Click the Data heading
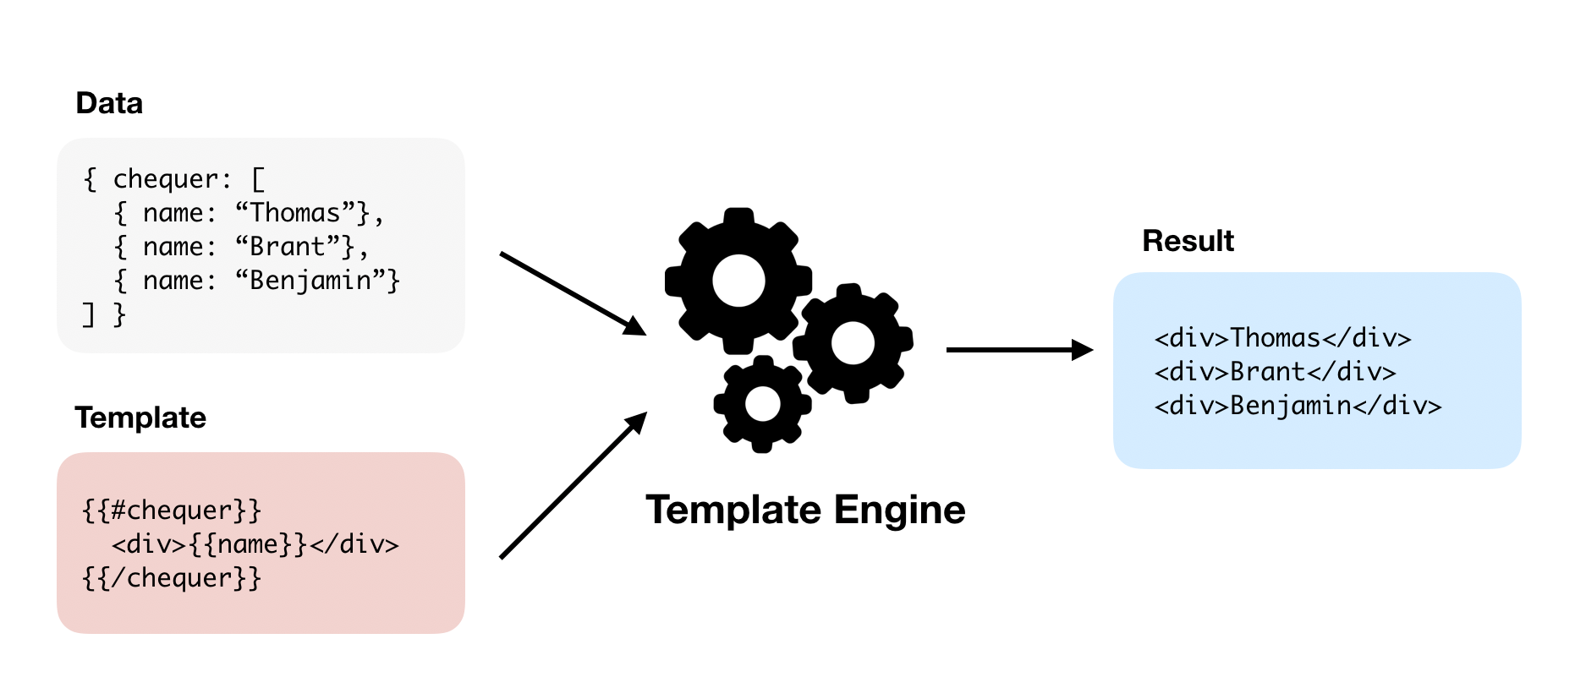(109, 103)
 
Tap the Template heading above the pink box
(140, 418)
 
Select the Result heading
(1188, 241)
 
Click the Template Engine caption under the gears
(804, 510)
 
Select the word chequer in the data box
(165, 179)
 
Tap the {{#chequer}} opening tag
(172, 511)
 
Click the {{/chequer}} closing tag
(172, 578)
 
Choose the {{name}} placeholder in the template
(248, 544)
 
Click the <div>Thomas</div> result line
(1282, 338)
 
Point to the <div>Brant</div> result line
(1275, 372)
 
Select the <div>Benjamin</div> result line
(1298, 406)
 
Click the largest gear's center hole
(738, 281)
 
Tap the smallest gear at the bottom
(762, 404)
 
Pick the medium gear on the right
(853, 342)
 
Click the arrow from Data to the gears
(572, 292)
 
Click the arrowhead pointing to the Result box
(1082, 349)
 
